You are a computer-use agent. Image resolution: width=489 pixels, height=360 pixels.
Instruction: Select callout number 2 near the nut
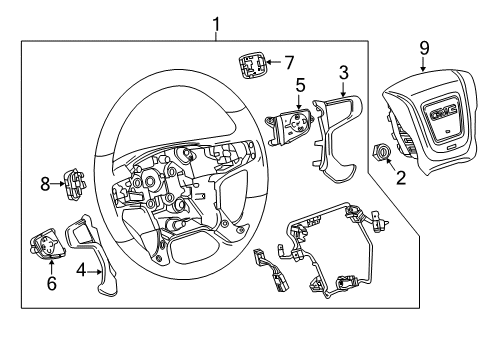[401, 178]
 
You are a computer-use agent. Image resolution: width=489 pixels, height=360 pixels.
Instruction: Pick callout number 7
[288, 62]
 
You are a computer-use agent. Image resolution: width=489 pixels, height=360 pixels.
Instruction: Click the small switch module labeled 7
[250, 67]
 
